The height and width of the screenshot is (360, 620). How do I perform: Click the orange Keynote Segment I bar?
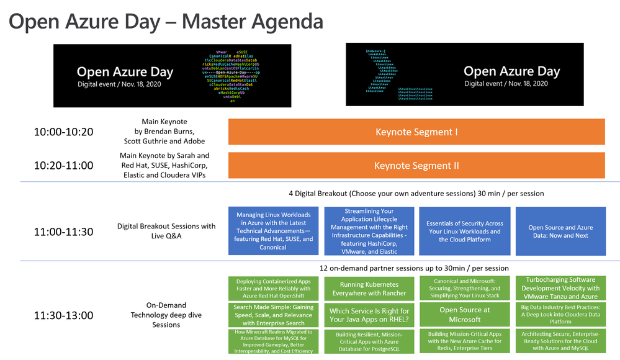pos(416,132)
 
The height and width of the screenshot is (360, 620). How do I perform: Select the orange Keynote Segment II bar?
pos(416,166)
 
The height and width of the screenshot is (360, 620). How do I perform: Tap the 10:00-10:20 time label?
pos(63,132)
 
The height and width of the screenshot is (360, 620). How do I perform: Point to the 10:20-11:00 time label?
pos(63,165)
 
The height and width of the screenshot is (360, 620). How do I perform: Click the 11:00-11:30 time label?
pos(63,232)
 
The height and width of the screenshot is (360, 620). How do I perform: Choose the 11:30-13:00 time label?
pos(63,315)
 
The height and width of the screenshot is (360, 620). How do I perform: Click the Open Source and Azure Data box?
pos(560,232)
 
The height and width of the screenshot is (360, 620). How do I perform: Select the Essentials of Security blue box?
pos(465,232)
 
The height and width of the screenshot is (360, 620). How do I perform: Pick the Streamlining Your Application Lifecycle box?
pos(369,232)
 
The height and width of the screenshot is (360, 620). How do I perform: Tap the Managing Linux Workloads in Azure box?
pos(274,232)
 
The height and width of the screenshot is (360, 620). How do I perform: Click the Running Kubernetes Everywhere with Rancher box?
pos(369,289)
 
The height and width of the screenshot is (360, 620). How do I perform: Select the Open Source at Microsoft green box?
pos(465,315)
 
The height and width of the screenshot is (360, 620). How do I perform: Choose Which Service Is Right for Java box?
pos(369,315)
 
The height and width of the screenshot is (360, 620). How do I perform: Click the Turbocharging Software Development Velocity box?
pos(560,288)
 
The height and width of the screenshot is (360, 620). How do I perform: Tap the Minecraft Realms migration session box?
pos(274,342)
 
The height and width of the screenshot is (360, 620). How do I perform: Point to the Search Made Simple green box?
pos(274,315)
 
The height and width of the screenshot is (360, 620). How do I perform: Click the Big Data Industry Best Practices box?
pos(560,315)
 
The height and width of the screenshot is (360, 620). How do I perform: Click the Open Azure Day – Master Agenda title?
pos(166,22)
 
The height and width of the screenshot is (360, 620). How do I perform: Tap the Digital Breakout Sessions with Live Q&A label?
pos(166,232)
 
